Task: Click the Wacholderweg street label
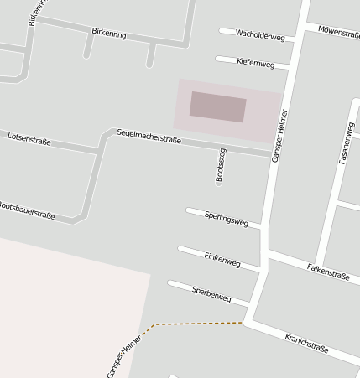[260, 36]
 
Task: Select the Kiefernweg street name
[256, 63]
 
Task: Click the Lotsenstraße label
[29, 138]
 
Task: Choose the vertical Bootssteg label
[221, 165]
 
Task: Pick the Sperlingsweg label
[227, 219]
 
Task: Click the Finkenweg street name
[222, 260]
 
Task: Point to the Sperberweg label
[211, 293]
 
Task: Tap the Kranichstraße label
[306, 342]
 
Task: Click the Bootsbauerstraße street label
[27, 210]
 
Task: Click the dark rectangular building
[217, 106]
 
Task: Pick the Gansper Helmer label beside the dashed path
[123, 356]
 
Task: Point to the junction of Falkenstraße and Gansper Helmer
[265, 251]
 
